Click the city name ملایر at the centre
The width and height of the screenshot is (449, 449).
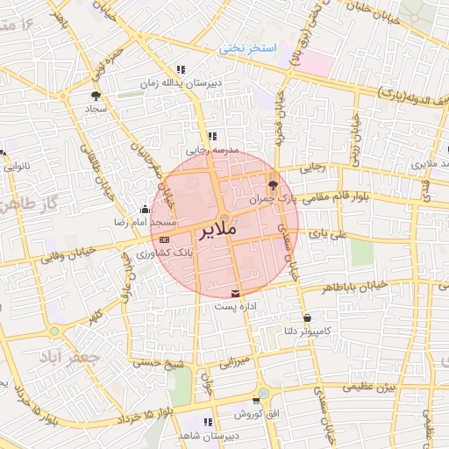point(219,232)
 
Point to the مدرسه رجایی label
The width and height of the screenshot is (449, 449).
point(210,150)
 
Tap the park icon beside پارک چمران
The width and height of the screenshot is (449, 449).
point(273,185)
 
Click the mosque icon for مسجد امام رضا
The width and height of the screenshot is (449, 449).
point(145,210)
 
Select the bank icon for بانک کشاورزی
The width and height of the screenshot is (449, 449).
point(164,239)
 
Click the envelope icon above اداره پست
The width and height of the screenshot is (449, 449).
point(235,293)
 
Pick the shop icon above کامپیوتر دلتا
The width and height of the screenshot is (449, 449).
point(306,317)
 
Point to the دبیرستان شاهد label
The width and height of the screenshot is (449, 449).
point(207,436)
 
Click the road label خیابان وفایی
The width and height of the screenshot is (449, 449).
point(60,253)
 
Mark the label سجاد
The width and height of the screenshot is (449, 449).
point(96,110)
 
